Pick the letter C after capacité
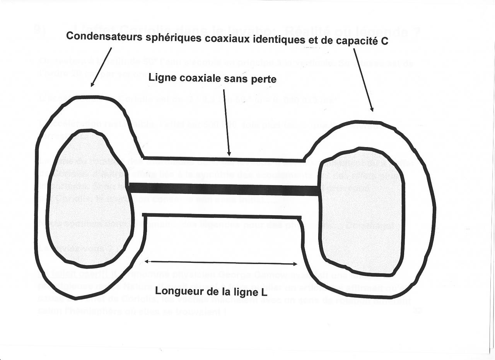coord(384,41)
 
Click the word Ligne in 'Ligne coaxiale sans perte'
coord(160,78)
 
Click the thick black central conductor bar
coord(224,189)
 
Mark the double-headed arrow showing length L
coord(220,263)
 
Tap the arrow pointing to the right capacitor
coord(363,80)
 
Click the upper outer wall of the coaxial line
coord(224,159)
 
